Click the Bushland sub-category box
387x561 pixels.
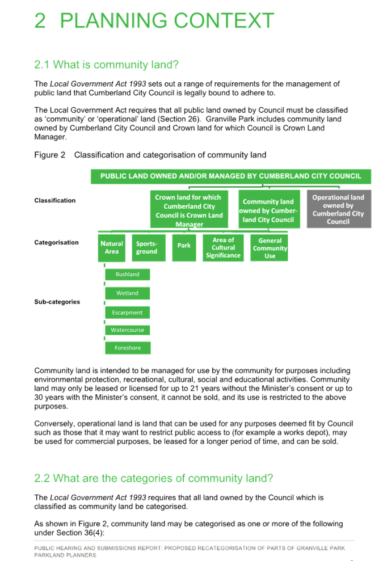click(x=128, y=275)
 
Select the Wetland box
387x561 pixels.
click(x=128, y=293)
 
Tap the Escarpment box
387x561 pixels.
click(x=128, y=313)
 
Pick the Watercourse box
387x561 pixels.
click(x=128, y=330)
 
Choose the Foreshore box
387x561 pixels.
click(x=128, y=348)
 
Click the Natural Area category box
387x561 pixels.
click(x=112, y=247)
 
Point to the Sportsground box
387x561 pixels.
click(x=149, y=247)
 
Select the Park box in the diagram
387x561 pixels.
click(x=184, y=247)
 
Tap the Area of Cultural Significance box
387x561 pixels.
click(x=223, y=247)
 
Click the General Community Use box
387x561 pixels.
click(x=269, y=247)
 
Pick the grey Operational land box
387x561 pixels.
click(x=339, y=209)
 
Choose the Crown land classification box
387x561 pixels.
click(x=189, y=209)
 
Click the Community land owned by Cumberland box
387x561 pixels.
click(x=269, y=209)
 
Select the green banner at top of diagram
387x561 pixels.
click(x=231, y=176)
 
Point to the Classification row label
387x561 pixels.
click(x=55, y=200)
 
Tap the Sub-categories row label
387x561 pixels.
click(x=57, y=302)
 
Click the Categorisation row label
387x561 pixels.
click(x=56, y=242)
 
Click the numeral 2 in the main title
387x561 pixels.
click(x=40, y=21)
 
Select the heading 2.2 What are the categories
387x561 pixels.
click(x=154, y=478)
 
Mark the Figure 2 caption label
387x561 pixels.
click(x=50, y=155)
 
